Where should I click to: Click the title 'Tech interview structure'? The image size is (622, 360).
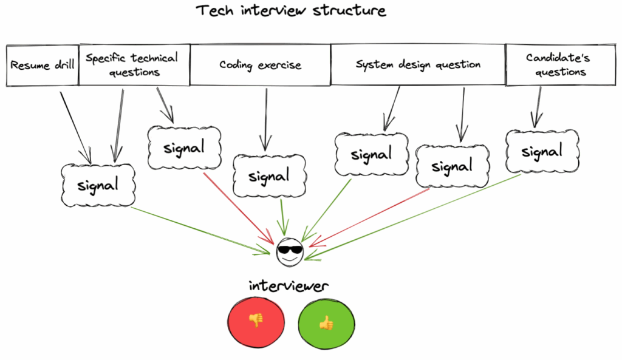[x=290, y=11]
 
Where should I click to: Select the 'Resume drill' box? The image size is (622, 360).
[x=43, y=64]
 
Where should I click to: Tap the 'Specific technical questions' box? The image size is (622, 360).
[x=134, y=64]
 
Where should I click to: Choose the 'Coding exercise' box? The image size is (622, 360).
[x=260, y=64]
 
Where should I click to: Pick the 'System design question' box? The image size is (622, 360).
[x=418, y=64]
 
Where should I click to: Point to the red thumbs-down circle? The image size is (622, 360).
[x=256, y=321]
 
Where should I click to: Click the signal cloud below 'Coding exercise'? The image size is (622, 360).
[x=269, y=177]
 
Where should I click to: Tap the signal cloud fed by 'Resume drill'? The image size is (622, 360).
[x=98, y=185]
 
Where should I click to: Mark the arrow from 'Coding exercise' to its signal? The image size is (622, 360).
[x=265, y=118]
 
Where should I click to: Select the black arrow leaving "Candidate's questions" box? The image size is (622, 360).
[x=537, y=107]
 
